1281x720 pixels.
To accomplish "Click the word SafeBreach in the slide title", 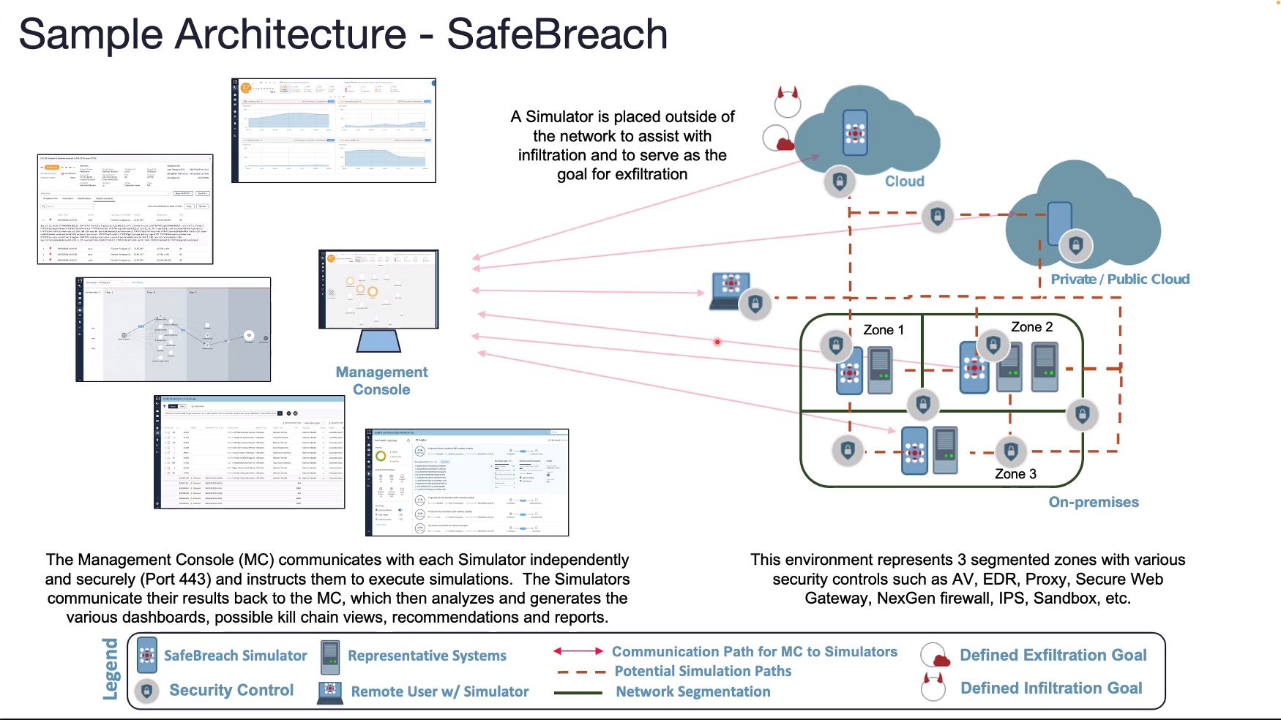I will [557, 34].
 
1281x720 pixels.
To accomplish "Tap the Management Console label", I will [381, 380].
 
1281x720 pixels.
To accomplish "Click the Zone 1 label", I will [884, 330].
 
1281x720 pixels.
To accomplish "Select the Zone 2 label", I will [1031, 327].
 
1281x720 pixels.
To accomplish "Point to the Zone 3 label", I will [1015, 474].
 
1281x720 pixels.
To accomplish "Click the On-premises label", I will [1094, 502].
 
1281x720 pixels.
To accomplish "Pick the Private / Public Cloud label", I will [1120, 279].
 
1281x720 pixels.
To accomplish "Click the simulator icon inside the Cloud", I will [855, 132].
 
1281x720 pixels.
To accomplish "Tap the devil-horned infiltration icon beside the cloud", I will [788, 102].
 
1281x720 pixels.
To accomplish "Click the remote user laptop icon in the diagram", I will [731, 290].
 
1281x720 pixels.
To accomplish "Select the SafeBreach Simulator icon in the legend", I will [147, 655].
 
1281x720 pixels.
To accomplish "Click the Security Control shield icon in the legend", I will [147, 690].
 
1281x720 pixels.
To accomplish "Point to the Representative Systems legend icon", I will [330, 656].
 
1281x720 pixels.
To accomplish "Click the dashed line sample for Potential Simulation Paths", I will [580, 672].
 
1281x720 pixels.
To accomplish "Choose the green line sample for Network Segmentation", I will [578, 692].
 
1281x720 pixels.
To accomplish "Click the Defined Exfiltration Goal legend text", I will [1053, 655].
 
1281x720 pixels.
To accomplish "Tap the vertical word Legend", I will [111, 669].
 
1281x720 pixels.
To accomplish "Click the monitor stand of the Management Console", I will [378, 341].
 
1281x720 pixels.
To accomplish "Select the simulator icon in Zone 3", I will [914, 451].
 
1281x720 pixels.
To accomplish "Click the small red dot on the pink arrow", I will [717, 342].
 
